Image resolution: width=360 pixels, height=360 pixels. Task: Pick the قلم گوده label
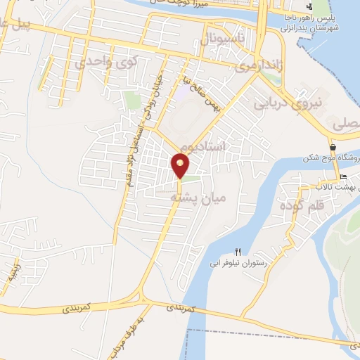pos(301,206)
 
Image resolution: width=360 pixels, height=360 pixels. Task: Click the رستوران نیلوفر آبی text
pos(239,264)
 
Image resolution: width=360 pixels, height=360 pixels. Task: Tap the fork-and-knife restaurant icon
pos(238,252)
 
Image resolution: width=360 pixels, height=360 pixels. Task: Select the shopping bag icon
pos(332,148)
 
